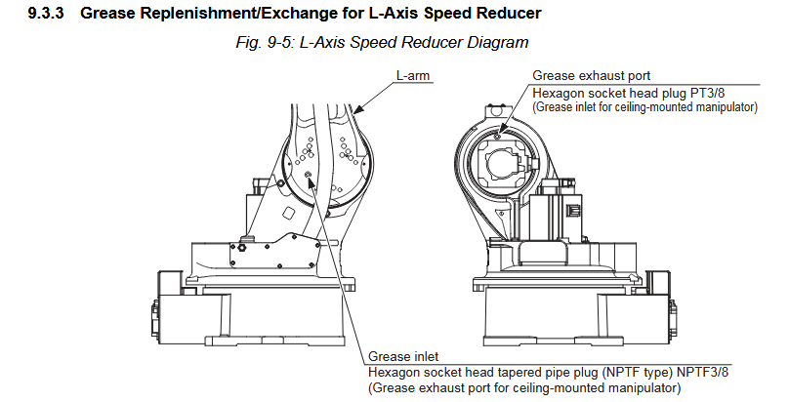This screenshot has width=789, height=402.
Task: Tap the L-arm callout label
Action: coord(413,75)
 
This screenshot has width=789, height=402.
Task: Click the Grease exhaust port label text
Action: coord(591,75)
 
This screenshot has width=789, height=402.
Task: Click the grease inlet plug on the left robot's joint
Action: coord(309,176)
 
